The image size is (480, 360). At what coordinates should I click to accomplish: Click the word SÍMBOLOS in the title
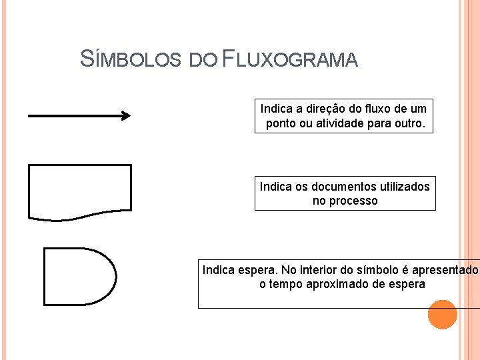(x=130, y=59)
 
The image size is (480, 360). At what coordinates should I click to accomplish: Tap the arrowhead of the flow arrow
(x=125, y=115)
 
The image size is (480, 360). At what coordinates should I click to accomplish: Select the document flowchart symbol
(x=80, y=191)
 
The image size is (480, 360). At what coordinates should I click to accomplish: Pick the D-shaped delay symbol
(x=79, y=276)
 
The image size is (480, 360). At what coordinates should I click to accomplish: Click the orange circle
(x=442, y=314)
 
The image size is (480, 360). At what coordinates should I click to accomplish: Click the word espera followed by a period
(x=257, y=270)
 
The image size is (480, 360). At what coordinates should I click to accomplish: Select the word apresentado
(x=445, y=270)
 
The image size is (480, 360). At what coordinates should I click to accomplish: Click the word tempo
(x=287, y=284)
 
